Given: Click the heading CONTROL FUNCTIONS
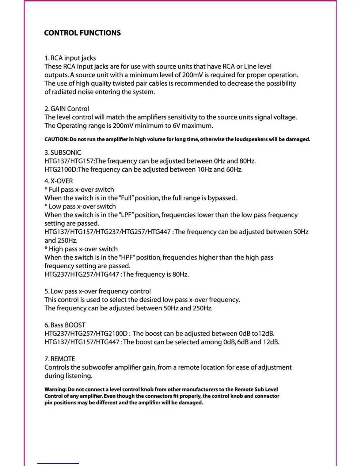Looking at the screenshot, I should coord(82,33).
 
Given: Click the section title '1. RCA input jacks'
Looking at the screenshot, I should coord(70,58).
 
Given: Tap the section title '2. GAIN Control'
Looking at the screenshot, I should coord(66,109).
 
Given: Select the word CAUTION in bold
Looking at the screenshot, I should coord(56,139).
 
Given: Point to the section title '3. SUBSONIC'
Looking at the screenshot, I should coord(63,152).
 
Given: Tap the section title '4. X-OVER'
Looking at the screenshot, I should coord(59,181).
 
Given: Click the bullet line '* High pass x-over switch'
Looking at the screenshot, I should coord(81,249).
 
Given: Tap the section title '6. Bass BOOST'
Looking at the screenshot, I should coord(65,325).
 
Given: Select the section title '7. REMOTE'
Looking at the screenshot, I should coord(60,359).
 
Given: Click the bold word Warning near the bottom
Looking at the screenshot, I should coord(55,389).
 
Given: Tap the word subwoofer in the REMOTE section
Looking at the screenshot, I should coord(97,367).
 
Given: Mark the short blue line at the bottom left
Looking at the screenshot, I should coord(58,463).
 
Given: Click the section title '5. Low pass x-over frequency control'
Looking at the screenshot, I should coord(97,291).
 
